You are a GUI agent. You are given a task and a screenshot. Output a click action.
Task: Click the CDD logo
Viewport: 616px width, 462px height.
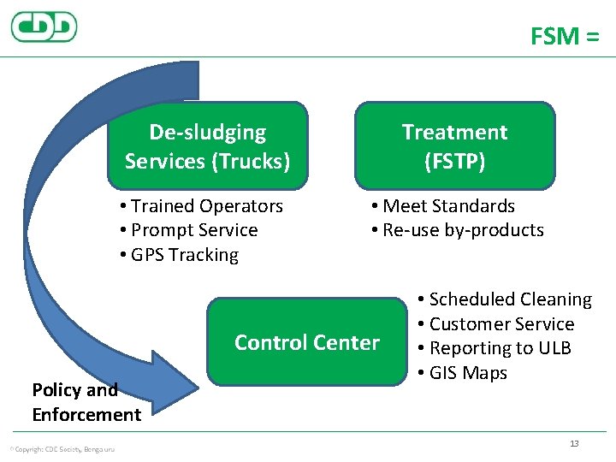(44, 27)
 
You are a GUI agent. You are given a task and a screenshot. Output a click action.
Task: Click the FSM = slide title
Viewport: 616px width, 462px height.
(565, 36)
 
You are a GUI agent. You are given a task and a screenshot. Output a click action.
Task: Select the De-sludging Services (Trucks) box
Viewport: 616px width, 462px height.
(207, 145)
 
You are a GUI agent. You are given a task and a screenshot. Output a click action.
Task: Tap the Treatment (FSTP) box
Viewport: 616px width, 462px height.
(454, 145)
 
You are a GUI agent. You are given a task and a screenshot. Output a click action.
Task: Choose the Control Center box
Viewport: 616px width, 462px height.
(306, 342)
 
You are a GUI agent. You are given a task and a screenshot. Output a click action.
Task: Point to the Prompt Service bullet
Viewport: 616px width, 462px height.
(189, 230)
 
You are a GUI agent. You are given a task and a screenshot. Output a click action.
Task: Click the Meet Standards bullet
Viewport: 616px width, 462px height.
(443, 206)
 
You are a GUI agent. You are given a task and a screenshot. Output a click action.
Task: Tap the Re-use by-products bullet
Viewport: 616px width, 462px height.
(458, 230)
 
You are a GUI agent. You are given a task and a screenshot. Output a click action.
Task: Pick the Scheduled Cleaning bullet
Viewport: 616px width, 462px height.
(505, 299)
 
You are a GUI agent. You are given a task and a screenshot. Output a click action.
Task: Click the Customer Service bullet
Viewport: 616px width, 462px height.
(496, 324)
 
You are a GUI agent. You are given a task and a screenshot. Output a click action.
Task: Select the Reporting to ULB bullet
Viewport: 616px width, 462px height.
(495, 348)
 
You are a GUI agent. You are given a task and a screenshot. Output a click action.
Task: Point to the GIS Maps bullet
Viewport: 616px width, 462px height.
(463, 373)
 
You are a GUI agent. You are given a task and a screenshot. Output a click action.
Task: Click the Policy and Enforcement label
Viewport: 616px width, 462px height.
(86, 402)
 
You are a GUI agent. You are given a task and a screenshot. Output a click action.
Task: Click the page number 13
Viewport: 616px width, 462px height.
(574, 443)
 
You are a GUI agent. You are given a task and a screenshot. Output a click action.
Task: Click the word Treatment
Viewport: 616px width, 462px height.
(454, 133)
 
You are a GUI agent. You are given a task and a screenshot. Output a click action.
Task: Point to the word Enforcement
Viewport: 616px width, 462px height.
(86, 415)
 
